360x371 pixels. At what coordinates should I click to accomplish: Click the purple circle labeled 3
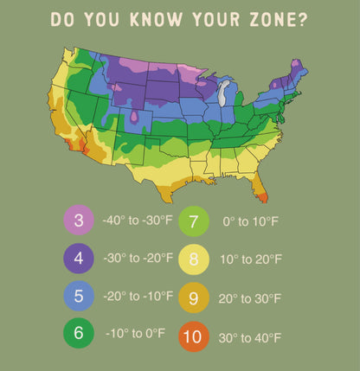[x=79, y=221]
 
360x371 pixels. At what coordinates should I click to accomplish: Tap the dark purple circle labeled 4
[x=79, y=258]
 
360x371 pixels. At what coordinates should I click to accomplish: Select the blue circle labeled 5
[x=79, y=296]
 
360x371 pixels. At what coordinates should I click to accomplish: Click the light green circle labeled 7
[x=194, y=221]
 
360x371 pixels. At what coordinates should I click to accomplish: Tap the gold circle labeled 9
[x=194, y=297]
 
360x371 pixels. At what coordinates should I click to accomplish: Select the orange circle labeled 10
[x=194, y=336]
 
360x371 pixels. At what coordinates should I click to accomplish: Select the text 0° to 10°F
[x=249, y=221]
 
